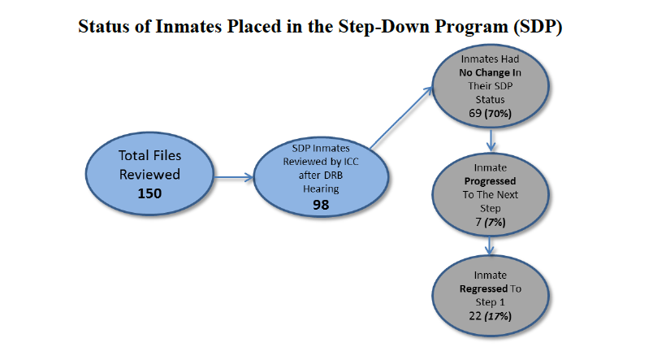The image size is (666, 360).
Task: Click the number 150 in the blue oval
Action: [149, 193]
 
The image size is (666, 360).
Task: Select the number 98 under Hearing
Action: [321, 205]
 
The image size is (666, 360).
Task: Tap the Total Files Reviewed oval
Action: [149, 174]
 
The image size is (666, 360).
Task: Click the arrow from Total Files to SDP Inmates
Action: [234, 177]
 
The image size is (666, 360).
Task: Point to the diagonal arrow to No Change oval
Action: [401, 118]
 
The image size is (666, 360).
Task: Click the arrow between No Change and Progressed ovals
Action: [491, 141]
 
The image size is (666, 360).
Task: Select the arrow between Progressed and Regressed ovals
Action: [490, 246]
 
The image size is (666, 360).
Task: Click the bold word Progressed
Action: [490, 181]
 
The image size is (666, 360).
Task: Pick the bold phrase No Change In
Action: [490, 72]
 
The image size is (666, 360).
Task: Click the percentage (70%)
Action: [498, 114]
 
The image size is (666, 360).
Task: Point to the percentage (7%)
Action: [495, 223]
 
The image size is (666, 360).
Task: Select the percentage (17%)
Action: [499, 316]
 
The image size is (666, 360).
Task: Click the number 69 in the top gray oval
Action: [475, 113]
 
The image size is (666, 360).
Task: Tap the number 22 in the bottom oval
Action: [475, 316]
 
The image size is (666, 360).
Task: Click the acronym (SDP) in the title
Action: [538, 27]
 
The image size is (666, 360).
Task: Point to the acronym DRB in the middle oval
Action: [332, 175]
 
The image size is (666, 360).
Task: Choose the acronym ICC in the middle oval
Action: [351, 162]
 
